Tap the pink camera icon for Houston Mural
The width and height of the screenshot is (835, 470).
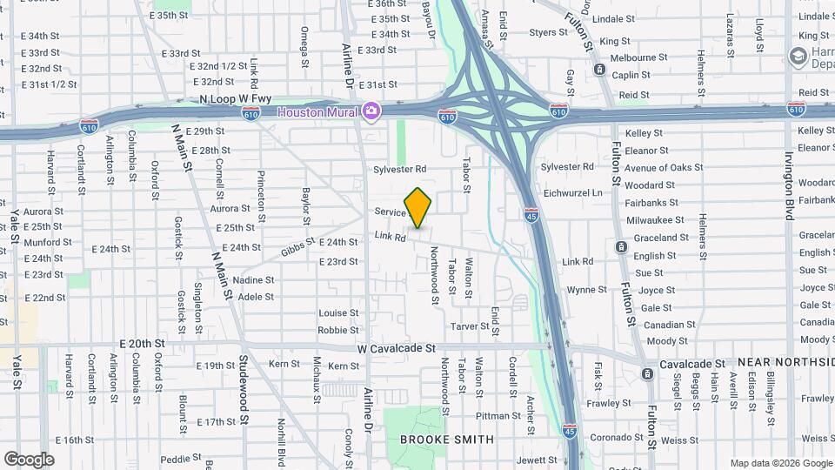pyautogui.click(x=372, y=111)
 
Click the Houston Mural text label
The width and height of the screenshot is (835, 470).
pyautogui.click(x=318, y=111)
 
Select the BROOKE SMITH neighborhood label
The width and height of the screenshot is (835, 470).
pyautogui.click(x=446, y=440)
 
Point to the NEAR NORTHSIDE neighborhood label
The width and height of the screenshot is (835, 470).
pyautogui.click(x=785, y=361)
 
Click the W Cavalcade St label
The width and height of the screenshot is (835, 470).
pyautogui.click(x=396, y=348)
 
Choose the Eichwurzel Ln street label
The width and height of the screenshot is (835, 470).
pyautogui.click(x=571, y=192)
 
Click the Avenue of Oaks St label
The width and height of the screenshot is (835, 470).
pyautogui.click(x=664, y=167)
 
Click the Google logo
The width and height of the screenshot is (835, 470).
pyautogui.click(x=29, y=459)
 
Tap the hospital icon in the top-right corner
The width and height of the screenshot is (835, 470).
pyautogui.click(x=798, y=57)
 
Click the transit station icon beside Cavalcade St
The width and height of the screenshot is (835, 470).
pyautogui.click(x=647, y=373)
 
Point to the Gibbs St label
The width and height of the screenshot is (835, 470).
pyautogui.click(x=297, y=248)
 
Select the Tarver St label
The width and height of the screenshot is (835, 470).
pyautogui.click(x=472, y=326)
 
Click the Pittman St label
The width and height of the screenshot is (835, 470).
pyautogui.click(x=498, y=416)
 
